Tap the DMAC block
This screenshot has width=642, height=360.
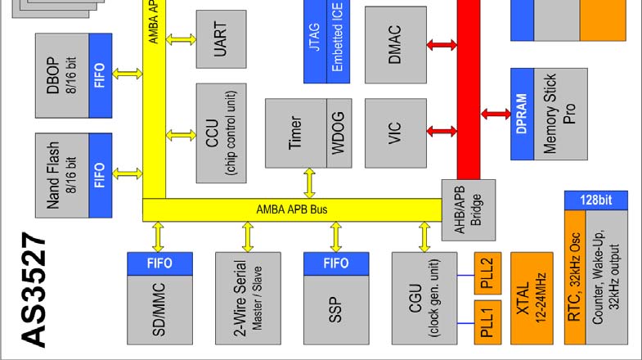[396, 44]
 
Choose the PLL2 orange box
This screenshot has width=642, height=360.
[487, 268]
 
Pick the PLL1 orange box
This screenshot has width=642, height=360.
[487, 322]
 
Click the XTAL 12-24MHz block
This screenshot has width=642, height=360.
[532, 298]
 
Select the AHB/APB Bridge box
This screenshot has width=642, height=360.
[464, 210]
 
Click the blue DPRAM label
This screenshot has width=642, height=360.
[522, 115]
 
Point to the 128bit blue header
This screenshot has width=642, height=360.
[595, 200]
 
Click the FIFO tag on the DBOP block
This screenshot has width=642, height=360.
[101, 74]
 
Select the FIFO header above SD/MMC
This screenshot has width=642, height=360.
[159, 263]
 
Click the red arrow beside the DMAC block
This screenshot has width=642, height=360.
[442, 46]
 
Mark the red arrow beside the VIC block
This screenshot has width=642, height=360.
[442, 131]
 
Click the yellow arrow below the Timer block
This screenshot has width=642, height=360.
[309, 183]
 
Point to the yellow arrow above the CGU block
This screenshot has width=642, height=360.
[424, 236]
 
